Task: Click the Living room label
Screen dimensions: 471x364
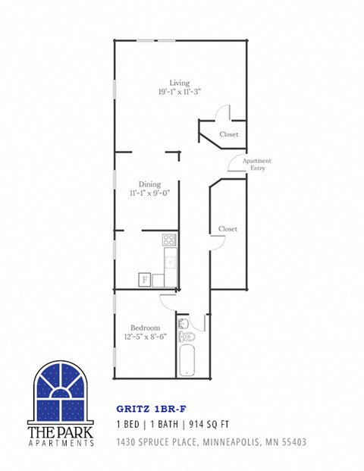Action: point(179,83)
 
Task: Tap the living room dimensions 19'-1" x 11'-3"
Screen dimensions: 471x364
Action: point(179,92)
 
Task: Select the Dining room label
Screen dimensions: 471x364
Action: point(149,184)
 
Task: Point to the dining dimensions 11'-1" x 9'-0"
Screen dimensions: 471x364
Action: point(149,193)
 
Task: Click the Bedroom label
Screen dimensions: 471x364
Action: point(145,327)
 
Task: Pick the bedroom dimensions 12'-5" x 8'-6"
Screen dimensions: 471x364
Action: point(145,337)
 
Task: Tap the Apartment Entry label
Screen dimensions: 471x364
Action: point(256,165)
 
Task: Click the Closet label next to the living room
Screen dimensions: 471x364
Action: point(228,134)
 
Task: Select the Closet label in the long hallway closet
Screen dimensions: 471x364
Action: point(227,228)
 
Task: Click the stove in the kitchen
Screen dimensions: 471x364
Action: point(169,240)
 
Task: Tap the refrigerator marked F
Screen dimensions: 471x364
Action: point(144,279)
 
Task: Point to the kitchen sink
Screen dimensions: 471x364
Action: point(170,263)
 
